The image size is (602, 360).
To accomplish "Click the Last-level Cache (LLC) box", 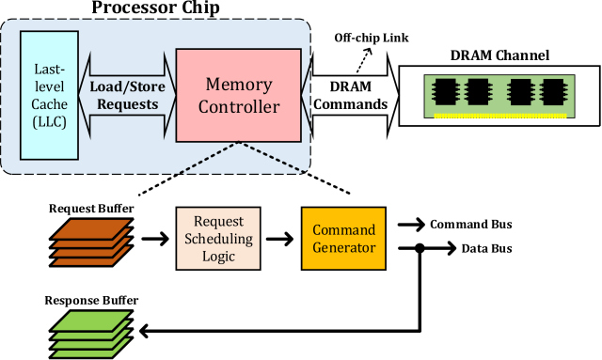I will [48, 95].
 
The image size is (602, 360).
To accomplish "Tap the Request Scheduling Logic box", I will [216, 240].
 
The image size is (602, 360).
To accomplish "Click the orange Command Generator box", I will [343, 240].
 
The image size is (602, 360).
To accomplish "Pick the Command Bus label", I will [470, 226].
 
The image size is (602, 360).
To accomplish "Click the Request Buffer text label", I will [90, 207].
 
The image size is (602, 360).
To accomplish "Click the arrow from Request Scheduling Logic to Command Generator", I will [279, 241].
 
